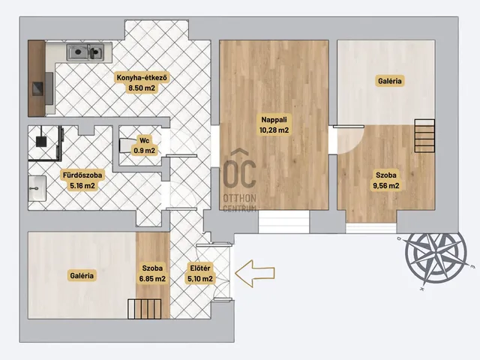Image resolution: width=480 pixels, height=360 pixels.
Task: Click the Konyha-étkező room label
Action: point(142,78)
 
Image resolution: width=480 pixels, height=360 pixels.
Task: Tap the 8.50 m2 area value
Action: point(142,88)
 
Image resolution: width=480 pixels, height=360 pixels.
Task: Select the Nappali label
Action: point(274,120)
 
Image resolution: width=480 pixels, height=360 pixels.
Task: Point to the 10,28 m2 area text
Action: point(274,130)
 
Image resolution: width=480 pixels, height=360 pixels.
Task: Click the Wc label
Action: point(144,140)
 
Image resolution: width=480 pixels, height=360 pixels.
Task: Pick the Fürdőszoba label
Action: point(82,175)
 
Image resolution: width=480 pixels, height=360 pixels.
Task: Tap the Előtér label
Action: point(200,268)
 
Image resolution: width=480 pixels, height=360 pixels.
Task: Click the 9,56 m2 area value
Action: point(386,186)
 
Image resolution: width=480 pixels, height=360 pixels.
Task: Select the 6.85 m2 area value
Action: point(152,279)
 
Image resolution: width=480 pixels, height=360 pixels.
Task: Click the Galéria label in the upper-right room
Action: point(390,81)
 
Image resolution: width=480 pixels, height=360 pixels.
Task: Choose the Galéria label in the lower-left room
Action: point(82,275)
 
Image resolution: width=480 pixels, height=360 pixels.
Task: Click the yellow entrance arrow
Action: point(255,273)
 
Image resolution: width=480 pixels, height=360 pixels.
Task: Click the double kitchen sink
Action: point(85,52)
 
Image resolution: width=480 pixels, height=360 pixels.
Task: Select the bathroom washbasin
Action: point(37,188)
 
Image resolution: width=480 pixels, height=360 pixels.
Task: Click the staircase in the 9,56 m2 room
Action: point(424,136)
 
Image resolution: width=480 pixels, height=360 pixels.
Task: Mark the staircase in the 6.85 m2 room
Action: point(145,309)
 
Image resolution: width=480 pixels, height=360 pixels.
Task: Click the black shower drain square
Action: point(41,142)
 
